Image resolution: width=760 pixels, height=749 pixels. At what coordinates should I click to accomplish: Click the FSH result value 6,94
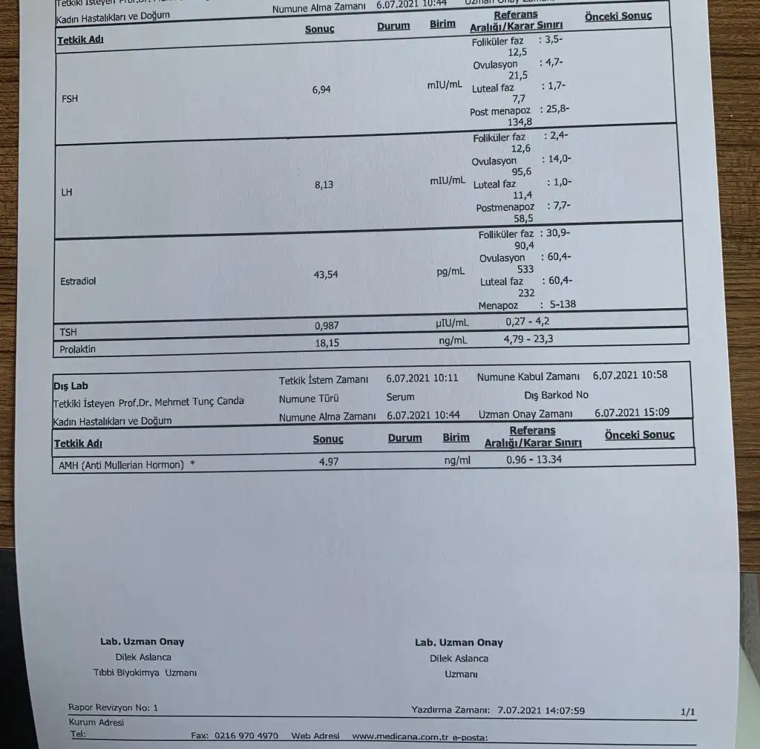point(321,90)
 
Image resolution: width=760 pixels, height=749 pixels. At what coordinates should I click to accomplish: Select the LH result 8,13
point(324,186)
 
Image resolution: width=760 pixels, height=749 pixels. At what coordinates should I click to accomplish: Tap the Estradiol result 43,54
point(326,275)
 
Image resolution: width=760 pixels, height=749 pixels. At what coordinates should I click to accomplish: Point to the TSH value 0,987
point(326,326)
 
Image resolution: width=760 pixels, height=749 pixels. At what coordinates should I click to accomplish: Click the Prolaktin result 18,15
point(326,343)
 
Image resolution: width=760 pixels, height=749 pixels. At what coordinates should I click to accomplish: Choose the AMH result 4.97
point(328,461)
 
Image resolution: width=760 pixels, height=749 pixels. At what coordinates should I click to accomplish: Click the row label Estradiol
point(78,281)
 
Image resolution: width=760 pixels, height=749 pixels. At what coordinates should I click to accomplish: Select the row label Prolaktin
point(78,349)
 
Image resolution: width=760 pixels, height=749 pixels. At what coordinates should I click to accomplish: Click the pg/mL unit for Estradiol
point(451,272)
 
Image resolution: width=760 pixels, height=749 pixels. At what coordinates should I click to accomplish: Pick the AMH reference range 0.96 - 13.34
point(534,460)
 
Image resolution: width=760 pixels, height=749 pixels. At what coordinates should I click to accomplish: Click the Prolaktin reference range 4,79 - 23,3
point(528,340)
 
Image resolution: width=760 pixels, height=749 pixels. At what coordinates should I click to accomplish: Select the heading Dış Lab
point(71,386)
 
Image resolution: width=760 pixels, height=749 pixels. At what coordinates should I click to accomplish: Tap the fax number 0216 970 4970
point(246,736)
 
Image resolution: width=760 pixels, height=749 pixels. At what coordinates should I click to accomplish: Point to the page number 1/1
point(688,713)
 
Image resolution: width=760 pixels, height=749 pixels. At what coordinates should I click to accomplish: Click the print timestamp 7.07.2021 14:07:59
point(541,710)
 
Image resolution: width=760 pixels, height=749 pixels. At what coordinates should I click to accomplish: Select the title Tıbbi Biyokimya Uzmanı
point(145,673)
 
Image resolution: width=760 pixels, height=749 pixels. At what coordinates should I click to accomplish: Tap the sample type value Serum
point(401,397)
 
